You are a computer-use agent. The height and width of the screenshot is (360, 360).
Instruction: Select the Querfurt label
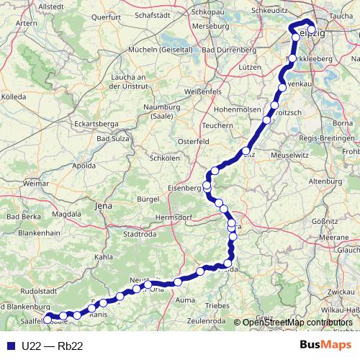click(107, 15)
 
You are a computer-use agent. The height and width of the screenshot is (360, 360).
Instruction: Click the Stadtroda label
click(140, 233)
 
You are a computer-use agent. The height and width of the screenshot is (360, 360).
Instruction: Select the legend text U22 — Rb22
click(52, 346)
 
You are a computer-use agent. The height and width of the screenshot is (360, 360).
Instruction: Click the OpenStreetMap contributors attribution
click(297, 323)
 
